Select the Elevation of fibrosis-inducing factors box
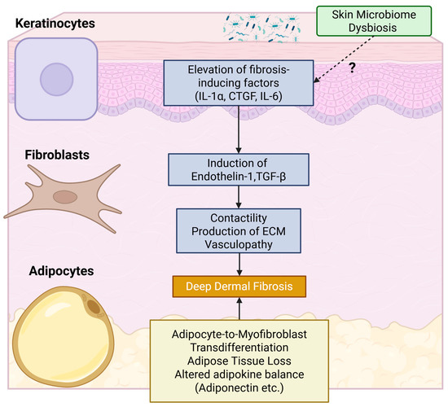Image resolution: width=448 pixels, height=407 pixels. (238, 81)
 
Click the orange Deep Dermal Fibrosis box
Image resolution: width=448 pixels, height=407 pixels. (238, 286)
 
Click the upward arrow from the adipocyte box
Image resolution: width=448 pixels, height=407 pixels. (238, 310)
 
